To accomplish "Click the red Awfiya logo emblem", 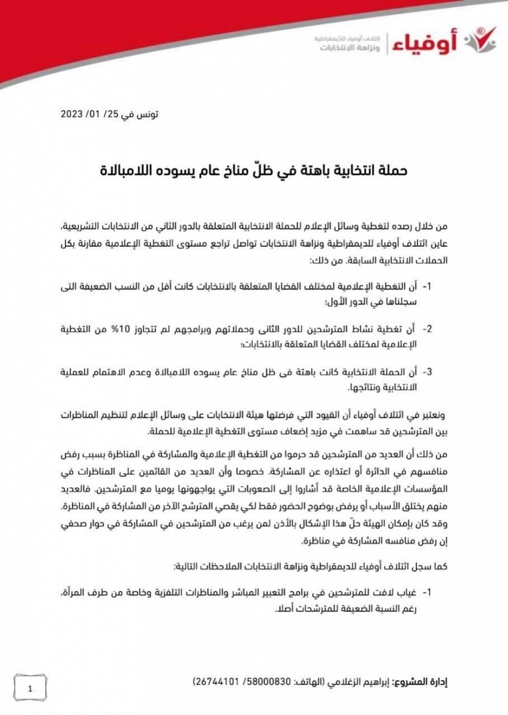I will pos(480,42).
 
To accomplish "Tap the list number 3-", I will pos(427,372).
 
